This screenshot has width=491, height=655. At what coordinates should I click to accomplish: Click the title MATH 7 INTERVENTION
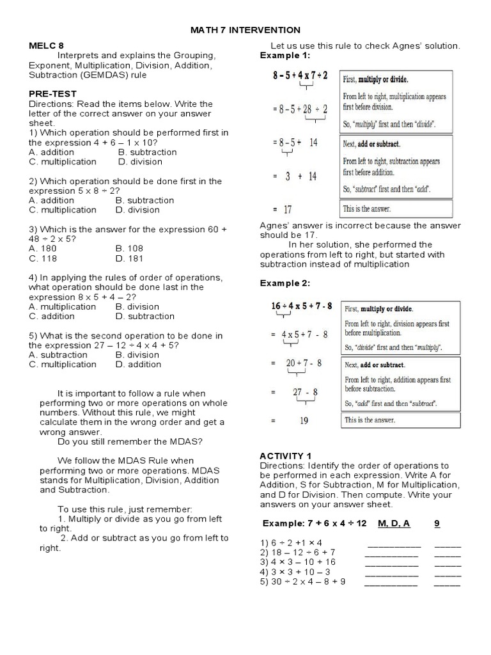click(x=245, y=30)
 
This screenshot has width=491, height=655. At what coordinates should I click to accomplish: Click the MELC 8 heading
click(x=47, y=46)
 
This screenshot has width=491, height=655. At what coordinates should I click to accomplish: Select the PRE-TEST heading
click(x=51, y=94)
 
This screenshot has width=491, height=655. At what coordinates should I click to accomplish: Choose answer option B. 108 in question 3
click(x=130, y=248)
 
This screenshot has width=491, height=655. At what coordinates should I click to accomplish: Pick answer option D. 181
click(x=130, y=258)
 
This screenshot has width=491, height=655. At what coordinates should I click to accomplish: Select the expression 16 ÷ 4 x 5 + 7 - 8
click(x=302, y=306)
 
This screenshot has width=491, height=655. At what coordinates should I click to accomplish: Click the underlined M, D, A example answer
click(x=394, y=523)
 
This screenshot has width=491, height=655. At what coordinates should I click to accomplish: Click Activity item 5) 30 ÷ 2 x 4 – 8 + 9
click(x=303, y=581)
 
